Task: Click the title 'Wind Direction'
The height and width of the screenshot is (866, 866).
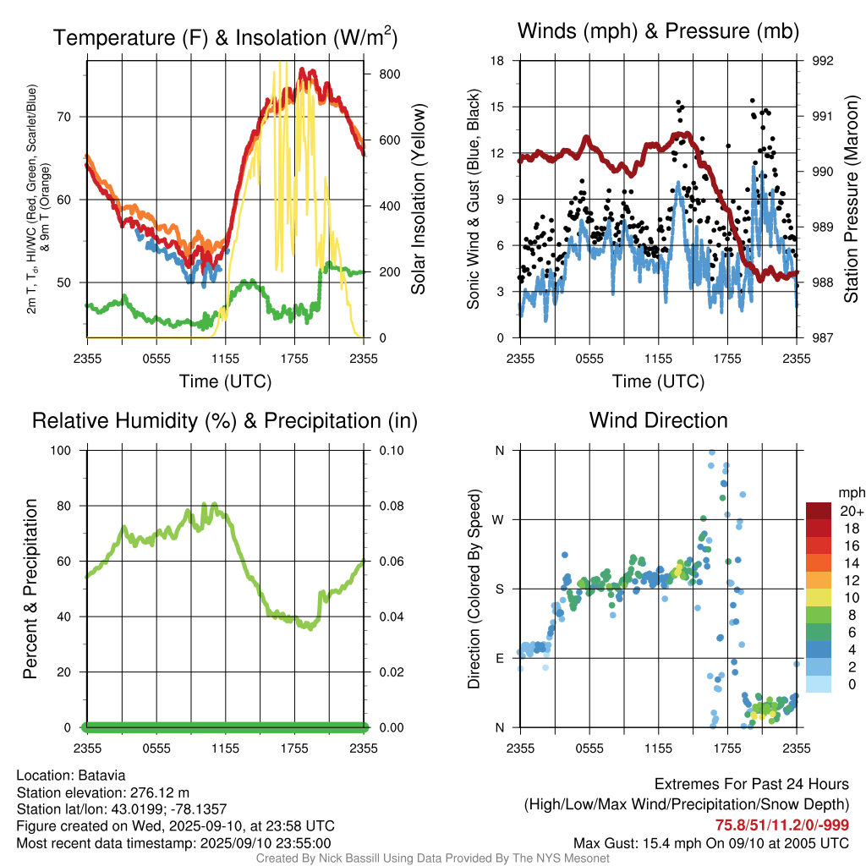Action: pyautogui.click(x=658, y=420)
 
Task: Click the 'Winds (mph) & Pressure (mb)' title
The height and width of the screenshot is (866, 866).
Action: pyautogui.click(x=658, y=32)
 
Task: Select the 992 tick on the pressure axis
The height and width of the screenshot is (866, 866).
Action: pyautogui.click(x=823, y=61)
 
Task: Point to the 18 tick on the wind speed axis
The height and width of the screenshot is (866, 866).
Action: pyautogui.click(x=498, y=61)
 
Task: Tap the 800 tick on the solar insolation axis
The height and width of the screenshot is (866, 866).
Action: pyautogui.click(x=389, y=74)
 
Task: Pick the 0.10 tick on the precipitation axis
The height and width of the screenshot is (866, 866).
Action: pyautogui.click(x=390, y=451)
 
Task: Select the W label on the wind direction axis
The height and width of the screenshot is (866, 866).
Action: pyautogui.click(x=498, y=519)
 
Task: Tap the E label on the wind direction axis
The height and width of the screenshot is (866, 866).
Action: pyautogui.click(x=499, y=658)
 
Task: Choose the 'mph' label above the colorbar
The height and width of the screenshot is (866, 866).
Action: pyautogui.click(x=850, y=492)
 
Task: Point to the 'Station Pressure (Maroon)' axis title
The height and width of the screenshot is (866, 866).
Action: pyautogui.click(x=852, y=199)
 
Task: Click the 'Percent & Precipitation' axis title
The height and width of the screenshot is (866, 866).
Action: pyautogui.click(x=30, y=589)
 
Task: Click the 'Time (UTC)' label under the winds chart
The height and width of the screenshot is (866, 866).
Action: pyautogui.click(x=658, y=381)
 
